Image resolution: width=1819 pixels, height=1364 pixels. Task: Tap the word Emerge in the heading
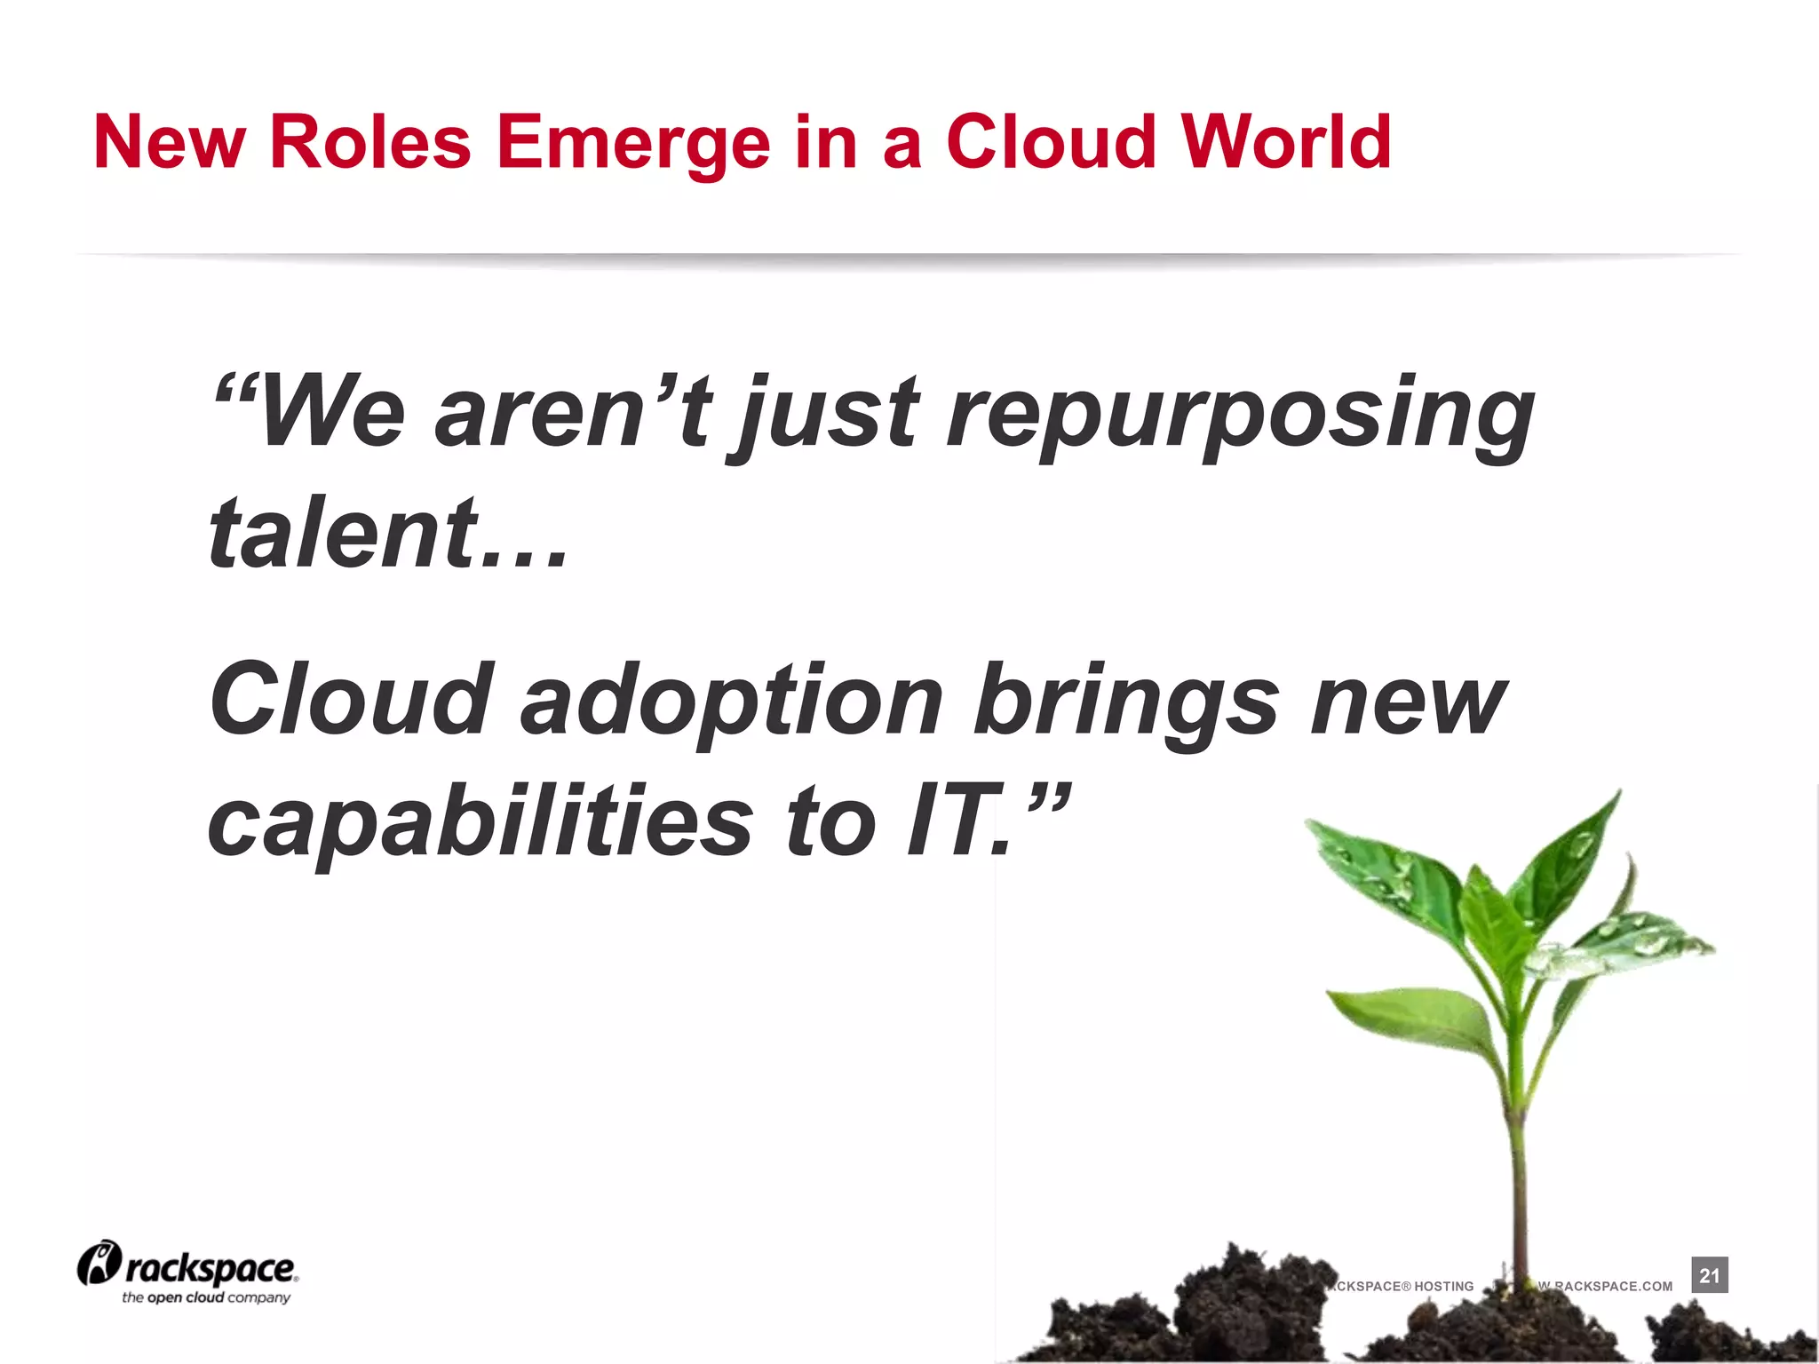point(633,144)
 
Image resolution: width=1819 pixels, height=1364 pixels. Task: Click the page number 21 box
point(1709,1275)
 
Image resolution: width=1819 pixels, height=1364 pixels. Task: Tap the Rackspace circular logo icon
point(99,1264)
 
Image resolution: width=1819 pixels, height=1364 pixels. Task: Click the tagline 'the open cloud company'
point(206,1297)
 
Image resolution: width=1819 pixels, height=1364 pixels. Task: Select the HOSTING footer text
point(1443,1286)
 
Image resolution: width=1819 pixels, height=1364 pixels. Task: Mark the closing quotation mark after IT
point(1049,799)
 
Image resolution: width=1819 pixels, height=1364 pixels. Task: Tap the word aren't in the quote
point(573,412)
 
